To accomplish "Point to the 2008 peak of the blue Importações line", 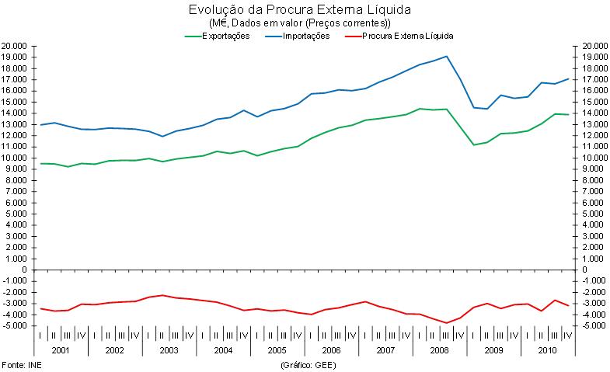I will [447, 56].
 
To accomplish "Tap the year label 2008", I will [440, 350].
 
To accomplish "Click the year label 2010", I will [548, 350].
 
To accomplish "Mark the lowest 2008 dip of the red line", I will [447, 323].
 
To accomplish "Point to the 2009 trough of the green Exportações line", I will [473, 144].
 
